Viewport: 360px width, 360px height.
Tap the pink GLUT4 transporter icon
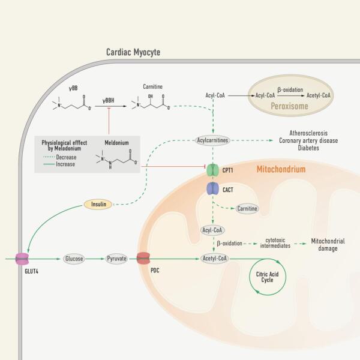click(x=22, y=259)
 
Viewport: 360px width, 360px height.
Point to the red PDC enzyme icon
click(x=143, y=259)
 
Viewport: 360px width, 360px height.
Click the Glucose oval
click(x=73, y=259)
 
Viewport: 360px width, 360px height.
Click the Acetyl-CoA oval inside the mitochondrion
click(x=214, y=259)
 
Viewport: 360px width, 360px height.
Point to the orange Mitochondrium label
click(x=281, y=170)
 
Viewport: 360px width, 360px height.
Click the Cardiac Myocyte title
click(x=133, y=53)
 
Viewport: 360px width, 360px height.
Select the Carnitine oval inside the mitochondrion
click(x=247, y=208)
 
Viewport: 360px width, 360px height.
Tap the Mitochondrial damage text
click(x=328, y=244)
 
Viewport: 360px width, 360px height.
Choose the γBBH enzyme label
click(x=109, y=101)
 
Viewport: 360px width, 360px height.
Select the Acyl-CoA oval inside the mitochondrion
click(x=214, y=229)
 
